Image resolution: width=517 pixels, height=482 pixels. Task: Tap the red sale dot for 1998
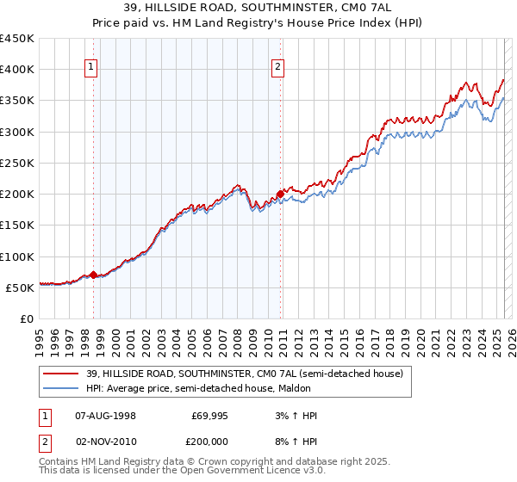point(93,275)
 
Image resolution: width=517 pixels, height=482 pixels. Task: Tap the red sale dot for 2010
point(280,194)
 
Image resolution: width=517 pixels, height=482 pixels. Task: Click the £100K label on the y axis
point(16,256)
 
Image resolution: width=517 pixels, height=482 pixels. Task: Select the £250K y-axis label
point(16,163)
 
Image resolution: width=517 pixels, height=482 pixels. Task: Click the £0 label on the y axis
point(26,318)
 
